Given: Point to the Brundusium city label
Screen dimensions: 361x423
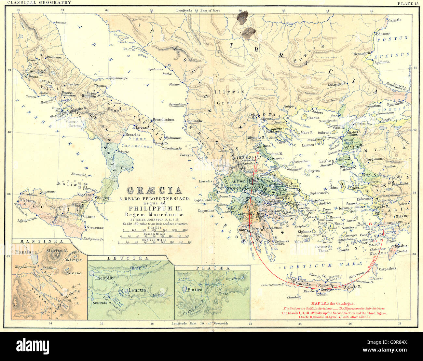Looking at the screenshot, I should click(x=163, y=120).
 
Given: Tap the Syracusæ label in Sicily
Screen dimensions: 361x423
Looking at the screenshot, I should click(x=95, y=228).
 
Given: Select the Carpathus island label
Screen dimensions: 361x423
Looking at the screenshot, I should click(x=387, y=269).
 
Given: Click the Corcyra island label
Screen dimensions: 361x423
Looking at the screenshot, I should click(x=186, y=155).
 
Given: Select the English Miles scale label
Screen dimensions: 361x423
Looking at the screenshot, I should click(x=155, y=239).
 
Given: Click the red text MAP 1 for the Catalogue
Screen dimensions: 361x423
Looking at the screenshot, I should click(x=334, y=303).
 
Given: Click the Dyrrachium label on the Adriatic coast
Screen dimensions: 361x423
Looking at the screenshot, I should click(x=178, y=105).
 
